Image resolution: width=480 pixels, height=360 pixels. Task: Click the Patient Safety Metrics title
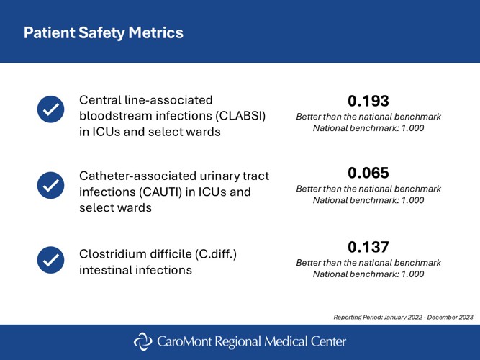pos(103,33)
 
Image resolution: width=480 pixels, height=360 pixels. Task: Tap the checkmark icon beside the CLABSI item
pos(50,108)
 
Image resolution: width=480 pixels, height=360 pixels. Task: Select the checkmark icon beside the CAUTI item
pos(50,184)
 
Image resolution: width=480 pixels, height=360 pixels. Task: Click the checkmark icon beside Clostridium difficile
pos(50,258)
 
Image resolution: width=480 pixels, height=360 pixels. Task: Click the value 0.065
pos(368,173)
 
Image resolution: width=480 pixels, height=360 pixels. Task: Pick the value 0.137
pos(368,247)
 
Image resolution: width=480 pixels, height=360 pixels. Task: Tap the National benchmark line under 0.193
pos(368,127)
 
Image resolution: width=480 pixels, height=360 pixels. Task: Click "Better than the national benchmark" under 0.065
pos(368,189)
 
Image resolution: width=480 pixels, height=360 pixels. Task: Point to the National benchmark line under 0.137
pos(368,274)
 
